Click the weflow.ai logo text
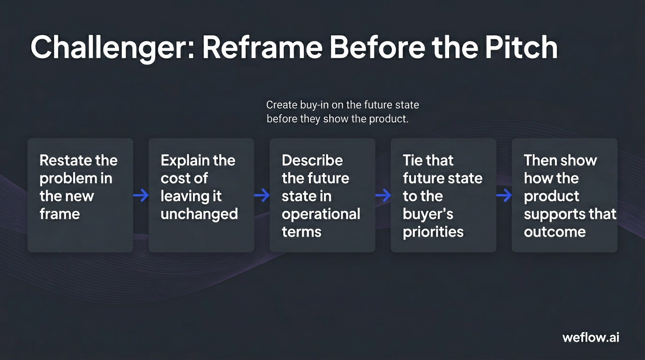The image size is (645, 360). click(591, 337)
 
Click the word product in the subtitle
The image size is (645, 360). click(387, 119)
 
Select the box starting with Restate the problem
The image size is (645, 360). click(80, 195)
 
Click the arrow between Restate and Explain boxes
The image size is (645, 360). click(141, 195)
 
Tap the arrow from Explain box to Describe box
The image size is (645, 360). click(262, 195)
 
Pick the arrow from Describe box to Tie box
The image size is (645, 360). click(383, 195)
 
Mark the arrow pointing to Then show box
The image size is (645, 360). click(504, 195)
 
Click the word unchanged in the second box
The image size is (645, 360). click(199, 214)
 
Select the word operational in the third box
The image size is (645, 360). click(321, 214)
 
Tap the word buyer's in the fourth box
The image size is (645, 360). click(428, 214)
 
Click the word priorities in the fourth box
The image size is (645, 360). click(433, 232)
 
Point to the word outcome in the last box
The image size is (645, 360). click(555, 232)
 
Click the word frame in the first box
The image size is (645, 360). click(60, 214)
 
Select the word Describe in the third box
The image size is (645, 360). click(312, 160)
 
